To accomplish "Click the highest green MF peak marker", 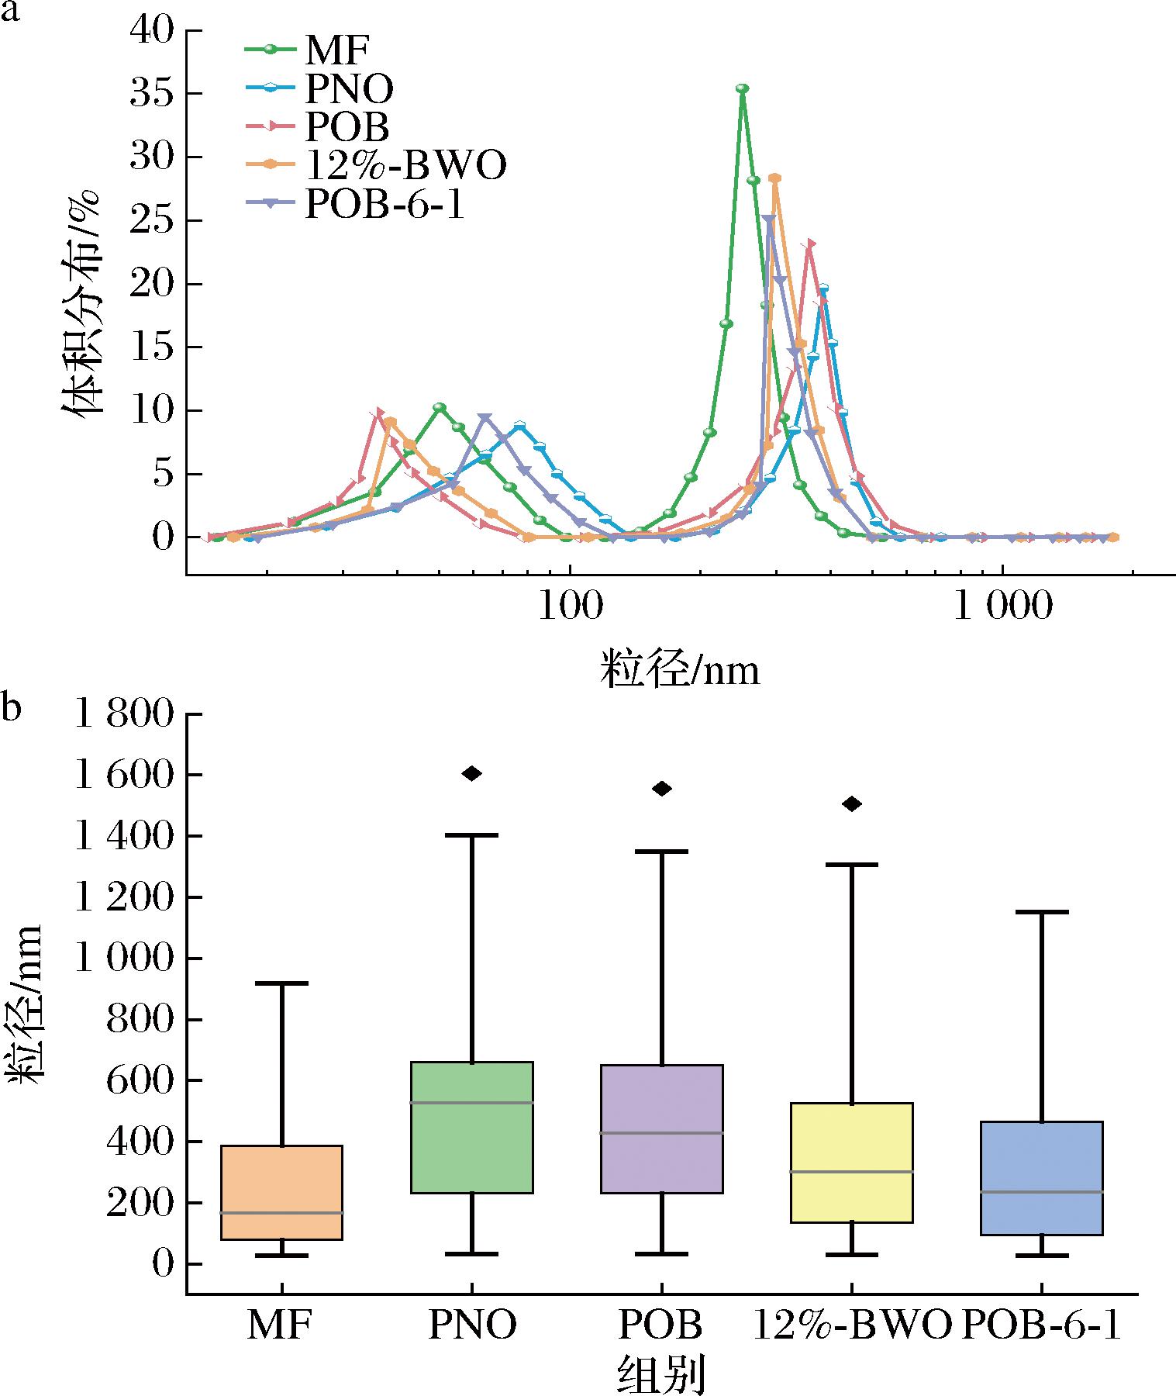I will pyautogui.click(x=743, y=88).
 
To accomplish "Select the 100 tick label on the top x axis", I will pyautogui.click(x=570, y=607).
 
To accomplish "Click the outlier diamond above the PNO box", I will pyautogui.click(x=472, y=773).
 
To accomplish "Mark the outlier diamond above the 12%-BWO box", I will pyautogui.click(x=852, y=804).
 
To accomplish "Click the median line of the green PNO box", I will pyautogui.click(x=472, y=1102).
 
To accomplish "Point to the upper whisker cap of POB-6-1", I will pyautogui.click(x=1042, y=912).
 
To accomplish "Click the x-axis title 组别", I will pyautogui.click(x=660, y=1374).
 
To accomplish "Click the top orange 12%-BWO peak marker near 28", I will pyautogui.click(x=774, y=178).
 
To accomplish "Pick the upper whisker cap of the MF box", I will pyautogui.click(x=282, y=983).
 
